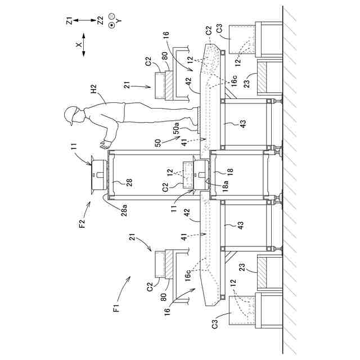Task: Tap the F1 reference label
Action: click(116, 307)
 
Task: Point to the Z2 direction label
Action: click(100, 21)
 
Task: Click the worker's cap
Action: click(70, 115)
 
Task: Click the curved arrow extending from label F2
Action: click(87, 211)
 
